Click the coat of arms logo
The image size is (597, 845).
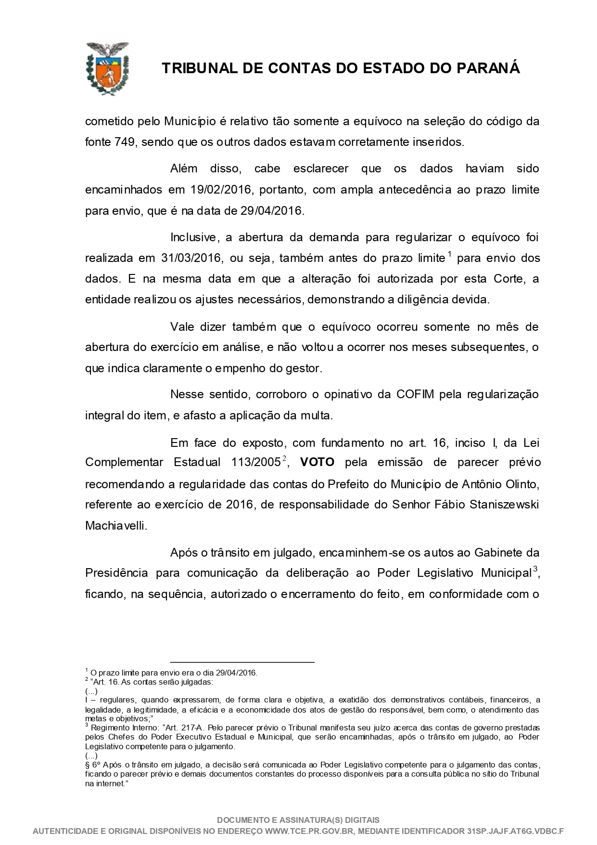(107, 68)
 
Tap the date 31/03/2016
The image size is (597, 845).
(191, 258)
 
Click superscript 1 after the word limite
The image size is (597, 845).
(449, 254)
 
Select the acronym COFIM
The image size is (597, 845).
(415, 395)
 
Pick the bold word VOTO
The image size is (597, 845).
(317, 463)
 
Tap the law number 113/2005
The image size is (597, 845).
(256, 463)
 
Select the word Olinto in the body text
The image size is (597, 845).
(522, 483)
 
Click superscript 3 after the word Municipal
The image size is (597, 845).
(535, 570)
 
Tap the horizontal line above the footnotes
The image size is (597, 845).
(242, 663)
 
